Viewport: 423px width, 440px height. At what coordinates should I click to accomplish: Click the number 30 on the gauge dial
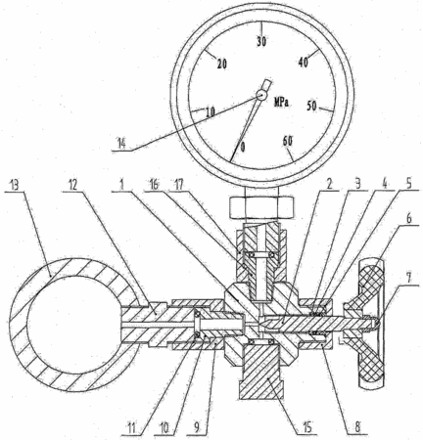[261, 42]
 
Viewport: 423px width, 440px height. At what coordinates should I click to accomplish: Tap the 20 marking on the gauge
[222, 65]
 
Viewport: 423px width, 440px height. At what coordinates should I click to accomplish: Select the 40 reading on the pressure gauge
[304, 63]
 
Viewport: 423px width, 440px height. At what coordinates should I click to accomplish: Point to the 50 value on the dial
[312, 106]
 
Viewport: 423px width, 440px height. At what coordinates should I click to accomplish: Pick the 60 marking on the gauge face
[288, 141]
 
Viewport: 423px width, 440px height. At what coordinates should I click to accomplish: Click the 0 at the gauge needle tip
[242, 148]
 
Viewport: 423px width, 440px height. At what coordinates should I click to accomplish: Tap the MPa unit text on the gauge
[281, 103]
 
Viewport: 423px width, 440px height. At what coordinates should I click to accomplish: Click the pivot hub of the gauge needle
[261, 95]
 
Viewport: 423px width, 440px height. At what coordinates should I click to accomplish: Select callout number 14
[121, 144]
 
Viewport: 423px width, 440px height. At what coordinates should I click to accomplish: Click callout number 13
[14, 185]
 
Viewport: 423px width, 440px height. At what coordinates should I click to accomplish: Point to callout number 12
[72, 185]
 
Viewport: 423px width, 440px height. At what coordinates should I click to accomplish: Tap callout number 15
[306, 426]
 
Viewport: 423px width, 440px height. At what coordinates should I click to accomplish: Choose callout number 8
[357, 427]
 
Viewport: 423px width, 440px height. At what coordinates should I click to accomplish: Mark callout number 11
[131, 428]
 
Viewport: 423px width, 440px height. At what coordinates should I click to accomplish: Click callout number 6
[409, 219]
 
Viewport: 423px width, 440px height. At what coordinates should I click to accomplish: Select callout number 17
[180, 185]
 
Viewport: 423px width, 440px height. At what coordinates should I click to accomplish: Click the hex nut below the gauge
[261, 207]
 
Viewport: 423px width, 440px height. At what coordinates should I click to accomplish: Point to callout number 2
[329, 185]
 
